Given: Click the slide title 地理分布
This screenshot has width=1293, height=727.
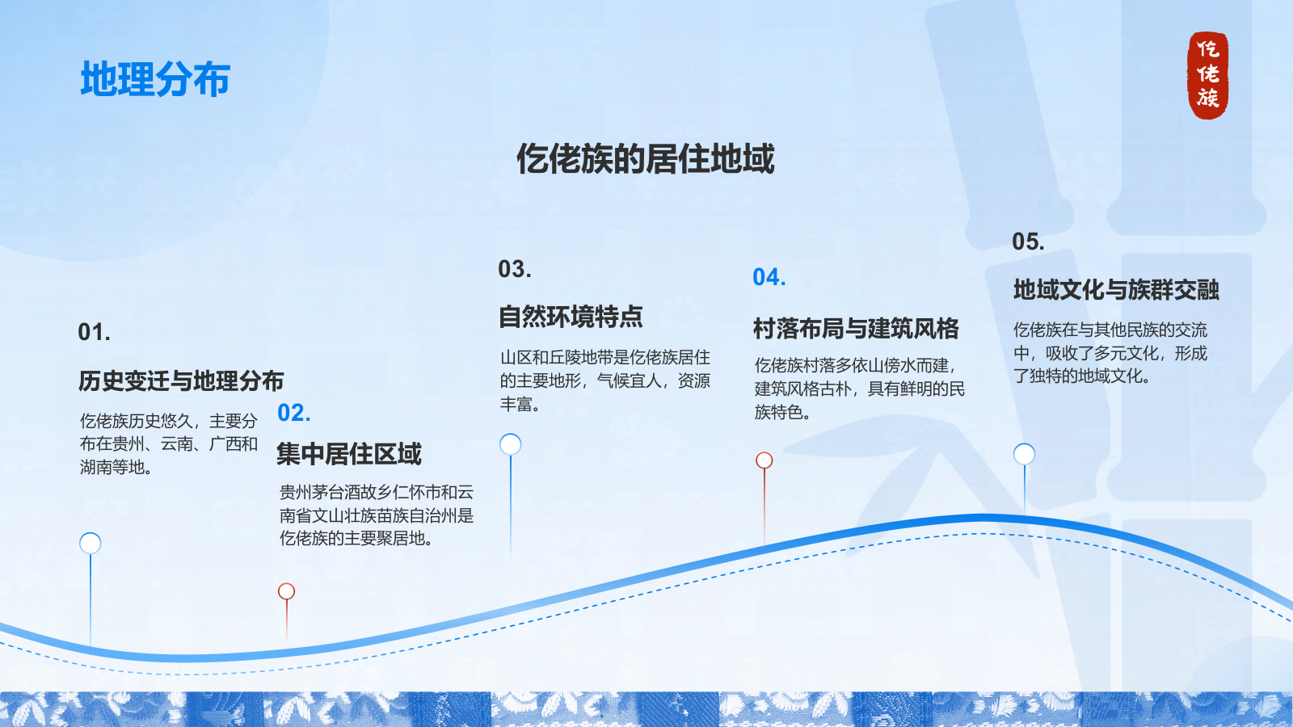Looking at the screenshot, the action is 155,78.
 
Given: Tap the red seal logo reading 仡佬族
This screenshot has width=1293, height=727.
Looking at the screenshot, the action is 1207,75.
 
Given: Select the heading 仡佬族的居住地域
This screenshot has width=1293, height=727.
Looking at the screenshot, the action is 646,158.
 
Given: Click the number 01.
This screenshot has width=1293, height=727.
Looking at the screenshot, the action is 94,332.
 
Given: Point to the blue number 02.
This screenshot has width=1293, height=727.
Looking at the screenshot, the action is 294,413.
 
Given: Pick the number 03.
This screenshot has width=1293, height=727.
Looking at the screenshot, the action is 514,269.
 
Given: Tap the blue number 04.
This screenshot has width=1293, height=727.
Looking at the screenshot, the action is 769,277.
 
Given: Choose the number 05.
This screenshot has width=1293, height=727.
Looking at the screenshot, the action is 1028,242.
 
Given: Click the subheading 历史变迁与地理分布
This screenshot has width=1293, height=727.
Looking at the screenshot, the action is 181,380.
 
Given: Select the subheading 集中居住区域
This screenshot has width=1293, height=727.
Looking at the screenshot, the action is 349,453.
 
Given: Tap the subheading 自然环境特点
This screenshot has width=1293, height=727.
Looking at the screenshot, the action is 571,316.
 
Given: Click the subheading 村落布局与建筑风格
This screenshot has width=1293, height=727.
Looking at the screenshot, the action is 856,328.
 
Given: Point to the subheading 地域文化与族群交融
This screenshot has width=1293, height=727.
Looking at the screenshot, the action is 1116,289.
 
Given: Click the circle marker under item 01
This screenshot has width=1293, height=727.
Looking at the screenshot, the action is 90,543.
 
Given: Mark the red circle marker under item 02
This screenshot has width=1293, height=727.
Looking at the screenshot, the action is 286,591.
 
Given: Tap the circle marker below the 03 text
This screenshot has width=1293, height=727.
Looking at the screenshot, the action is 510,444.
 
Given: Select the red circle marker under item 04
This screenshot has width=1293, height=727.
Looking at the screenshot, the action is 764,460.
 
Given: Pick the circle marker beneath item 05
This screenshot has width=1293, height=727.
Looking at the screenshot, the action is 1025,454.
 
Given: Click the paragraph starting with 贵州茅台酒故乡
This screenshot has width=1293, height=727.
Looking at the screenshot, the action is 377,515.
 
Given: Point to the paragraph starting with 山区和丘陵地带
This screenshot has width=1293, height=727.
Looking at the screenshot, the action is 605,380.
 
